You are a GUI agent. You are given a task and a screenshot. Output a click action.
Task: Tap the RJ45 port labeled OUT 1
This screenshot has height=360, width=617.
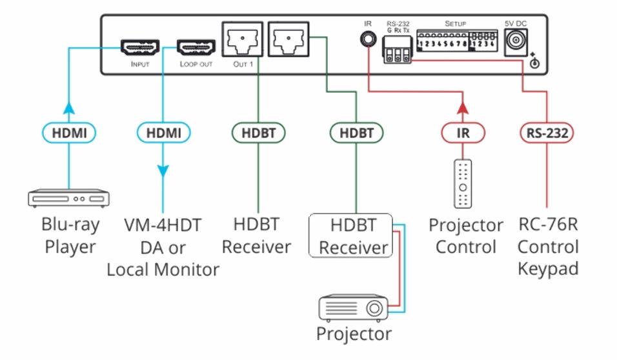(241, 41)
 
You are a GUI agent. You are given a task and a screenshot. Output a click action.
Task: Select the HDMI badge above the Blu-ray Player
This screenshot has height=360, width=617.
(69, 133)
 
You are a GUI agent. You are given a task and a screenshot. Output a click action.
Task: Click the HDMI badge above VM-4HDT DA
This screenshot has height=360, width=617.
(164, 133)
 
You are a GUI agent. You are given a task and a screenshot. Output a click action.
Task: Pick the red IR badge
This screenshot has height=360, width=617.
(463, 133)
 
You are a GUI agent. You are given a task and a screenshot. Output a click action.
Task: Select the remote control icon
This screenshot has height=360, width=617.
(463, 185)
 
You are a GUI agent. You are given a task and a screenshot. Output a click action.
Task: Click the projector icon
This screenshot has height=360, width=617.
(353, 308)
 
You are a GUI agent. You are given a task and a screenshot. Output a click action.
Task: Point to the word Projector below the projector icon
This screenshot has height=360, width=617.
(353, 334)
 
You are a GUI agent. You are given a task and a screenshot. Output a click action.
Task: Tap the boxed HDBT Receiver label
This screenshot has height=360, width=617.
(353, 236)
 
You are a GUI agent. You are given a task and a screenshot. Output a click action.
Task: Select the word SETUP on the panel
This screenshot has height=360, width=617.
(455, 24)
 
